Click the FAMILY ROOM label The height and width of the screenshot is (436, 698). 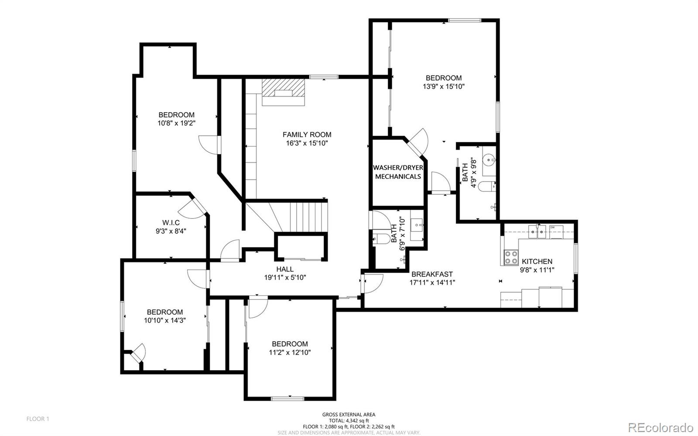[x=307, y=135]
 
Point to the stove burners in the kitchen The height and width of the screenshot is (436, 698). [x=511, y=257]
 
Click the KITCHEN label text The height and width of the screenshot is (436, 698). [x=537, y=261]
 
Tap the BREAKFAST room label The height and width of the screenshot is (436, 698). [x=432, y=274]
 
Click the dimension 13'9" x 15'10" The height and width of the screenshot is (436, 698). [x=443, y=86]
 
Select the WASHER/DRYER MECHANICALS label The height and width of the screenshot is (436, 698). [x=398, y=172]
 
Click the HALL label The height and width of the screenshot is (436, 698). [x=285, y=269]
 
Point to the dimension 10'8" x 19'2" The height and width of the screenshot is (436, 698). [x=176, y=123]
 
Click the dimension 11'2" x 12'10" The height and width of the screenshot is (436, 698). [x=290, y=352]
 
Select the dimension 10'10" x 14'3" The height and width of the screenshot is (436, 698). [x=165, y=320]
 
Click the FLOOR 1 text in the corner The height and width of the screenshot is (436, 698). [x=38, y=419]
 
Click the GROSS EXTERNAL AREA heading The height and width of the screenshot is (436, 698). [x=349, y=415]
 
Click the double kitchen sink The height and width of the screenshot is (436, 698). [x=537, y=232]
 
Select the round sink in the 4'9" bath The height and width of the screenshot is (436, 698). [x=489, y=160]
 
